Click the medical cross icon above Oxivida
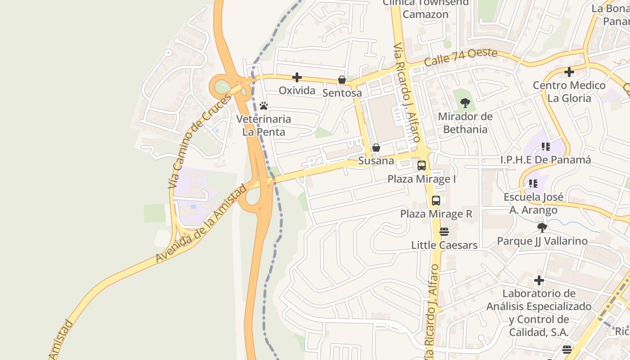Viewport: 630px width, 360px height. coord(297,77)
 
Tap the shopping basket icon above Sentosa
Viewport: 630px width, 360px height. coord(342,80)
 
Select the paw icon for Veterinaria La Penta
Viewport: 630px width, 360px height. coord(264,106)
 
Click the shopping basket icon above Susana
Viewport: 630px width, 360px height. coord(376,148)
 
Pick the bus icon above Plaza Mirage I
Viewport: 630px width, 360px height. coord(422,166)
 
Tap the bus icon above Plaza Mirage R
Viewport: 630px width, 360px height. coord(436,201)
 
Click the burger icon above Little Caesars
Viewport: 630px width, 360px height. coord(444,232)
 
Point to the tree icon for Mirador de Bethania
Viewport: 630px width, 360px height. coord(465,103)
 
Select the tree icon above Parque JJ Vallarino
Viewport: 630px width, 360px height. coord(542,227)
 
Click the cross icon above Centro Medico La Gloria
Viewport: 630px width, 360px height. coord(569,72)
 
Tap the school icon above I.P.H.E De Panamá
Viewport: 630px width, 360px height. coord(546,147)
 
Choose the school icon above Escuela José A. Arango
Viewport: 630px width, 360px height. coord(533,184)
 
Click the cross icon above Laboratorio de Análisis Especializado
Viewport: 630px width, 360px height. coord(539,281)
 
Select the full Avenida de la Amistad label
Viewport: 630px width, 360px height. coord(201,224)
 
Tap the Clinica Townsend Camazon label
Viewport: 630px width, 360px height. coord(425,9)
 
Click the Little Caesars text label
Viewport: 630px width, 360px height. coord(444,245)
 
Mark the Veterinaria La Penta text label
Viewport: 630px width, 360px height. coord(264,126)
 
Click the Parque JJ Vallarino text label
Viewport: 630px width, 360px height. coord(542,241)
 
